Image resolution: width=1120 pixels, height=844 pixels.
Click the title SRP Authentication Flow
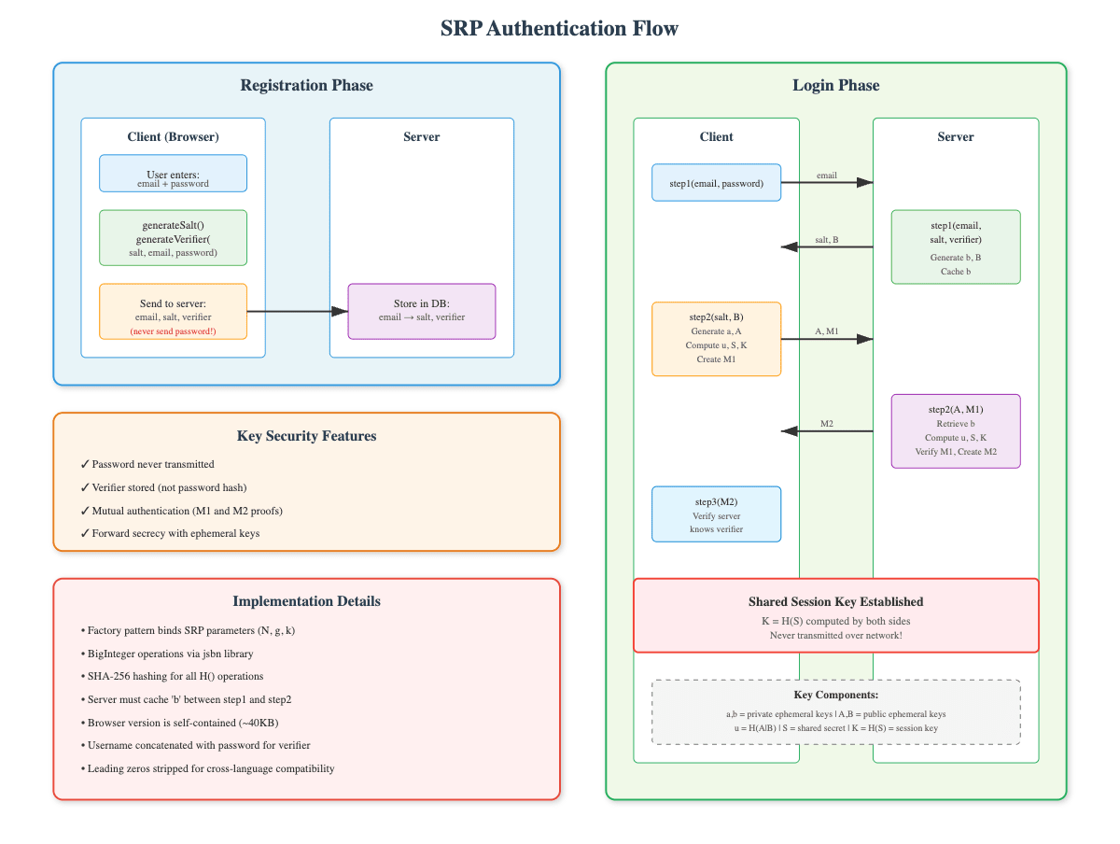[x=559, y=29]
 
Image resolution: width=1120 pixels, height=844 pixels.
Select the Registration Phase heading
[x=306, y=86]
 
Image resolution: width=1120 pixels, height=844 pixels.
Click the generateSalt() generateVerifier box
[x=173, y=238]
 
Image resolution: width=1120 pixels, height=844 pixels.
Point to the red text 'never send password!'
[x=173, y=331]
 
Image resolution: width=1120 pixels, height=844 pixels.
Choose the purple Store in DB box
[x=421, y=311]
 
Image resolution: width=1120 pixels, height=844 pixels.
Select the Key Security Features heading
[x=306, y=436]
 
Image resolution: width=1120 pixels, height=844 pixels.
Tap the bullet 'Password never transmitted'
[x=153, y=464]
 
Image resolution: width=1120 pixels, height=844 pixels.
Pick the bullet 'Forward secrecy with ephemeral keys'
[x=175, y=534]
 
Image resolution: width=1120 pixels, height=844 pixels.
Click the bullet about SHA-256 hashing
[x=175, y=676]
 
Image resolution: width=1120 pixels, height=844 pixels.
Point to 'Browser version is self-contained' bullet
[x=182, y=723]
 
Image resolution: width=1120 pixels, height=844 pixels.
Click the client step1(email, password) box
[x=716, y=183]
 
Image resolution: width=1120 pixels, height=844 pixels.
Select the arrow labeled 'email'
[x=826, y=182]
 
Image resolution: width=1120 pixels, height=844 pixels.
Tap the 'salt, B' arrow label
[x=826, y=240]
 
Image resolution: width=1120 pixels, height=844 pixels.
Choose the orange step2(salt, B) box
[x=716, y=338]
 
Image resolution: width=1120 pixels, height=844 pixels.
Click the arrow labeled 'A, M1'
[x=826, y=338]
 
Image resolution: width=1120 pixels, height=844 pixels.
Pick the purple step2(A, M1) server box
[x=956, y=430]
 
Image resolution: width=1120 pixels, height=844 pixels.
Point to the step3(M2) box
[x=716, y=513]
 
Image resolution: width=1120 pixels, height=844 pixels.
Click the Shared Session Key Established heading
[x=835, y=602]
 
